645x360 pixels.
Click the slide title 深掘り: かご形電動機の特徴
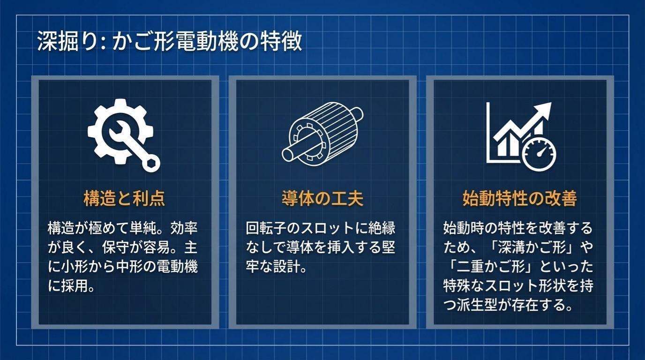169,42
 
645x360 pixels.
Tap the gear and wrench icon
123,134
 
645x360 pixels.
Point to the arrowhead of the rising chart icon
544,111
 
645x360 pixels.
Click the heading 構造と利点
124,199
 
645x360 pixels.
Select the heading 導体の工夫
322,199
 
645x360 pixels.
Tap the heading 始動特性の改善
519,199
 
